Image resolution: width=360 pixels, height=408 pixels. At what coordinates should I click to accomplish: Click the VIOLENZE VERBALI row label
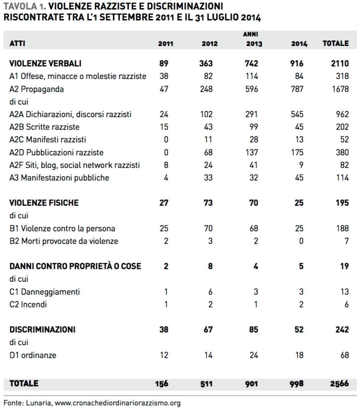click(45, 64)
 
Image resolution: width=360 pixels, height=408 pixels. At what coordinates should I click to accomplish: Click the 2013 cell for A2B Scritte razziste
click(252, 127)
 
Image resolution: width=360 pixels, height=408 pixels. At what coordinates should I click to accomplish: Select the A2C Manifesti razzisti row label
click(48, 140)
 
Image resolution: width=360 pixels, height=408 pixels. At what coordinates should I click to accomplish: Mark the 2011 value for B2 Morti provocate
click(166, 241)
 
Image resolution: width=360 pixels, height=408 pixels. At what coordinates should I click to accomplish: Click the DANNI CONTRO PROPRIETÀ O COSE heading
click(75, 266)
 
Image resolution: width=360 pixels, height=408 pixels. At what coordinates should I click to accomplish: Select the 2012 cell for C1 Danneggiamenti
click(210, 292)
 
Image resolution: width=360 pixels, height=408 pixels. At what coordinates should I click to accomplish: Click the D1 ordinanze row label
click(33, 355)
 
